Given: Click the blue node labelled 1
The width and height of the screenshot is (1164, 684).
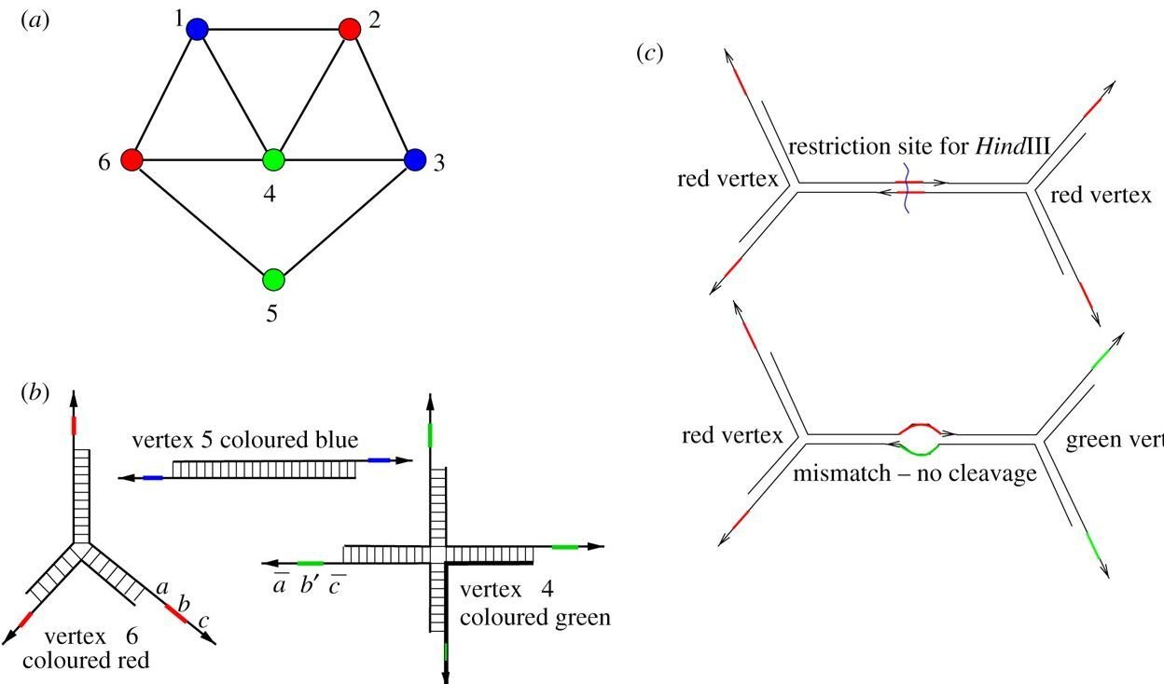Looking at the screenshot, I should point(197,31).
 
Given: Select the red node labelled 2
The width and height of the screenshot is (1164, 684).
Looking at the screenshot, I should point(350,30).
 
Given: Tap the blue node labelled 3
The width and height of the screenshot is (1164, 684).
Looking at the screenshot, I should point(415,160).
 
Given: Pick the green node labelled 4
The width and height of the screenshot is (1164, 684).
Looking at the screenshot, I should point(273,159).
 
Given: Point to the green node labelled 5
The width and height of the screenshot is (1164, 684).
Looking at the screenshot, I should point(273,279).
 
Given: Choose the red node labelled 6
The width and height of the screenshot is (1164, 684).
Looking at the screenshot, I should point(132,160).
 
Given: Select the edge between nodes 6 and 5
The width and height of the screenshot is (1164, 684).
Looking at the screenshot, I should point(202,220).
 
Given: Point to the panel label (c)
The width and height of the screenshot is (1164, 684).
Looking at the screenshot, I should point(649,53).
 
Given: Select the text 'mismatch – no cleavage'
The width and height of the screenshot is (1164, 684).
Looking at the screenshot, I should point(915,473).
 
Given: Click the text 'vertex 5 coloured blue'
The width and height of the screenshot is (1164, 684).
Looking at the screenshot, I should point(245,440).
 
